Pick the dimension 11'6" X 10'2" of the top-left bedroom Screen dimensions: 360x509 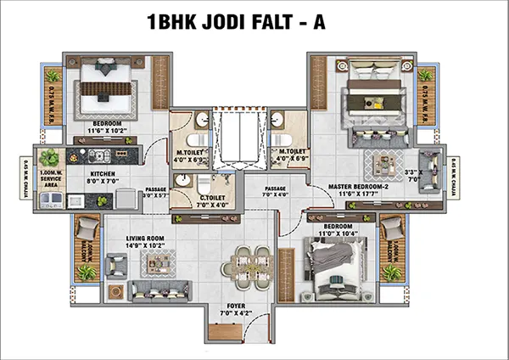107,131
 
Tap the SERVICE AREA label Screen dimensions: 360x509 48,180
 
